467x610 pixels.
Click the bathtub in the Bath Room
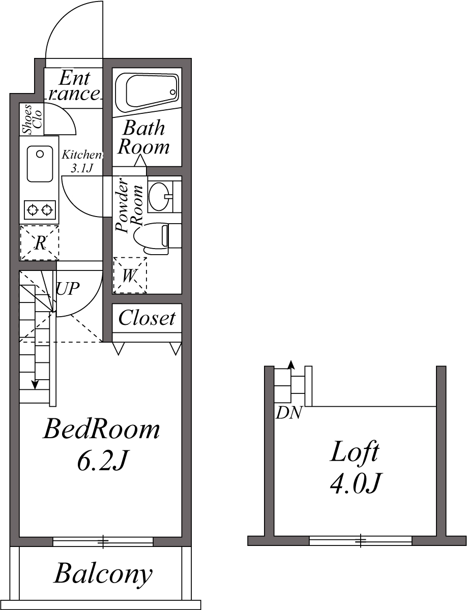click(x=147, y=92)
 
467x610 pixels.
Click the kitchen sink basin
click(x=40, y=164)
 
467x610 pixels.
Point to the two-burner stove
click(x=40, y=209)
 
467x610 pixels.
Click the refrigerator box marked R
click(x=40, y=242)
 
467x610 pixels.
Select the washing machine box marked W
click(x=130, y=276)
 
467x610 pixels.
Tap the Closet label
click(x=147, y=318)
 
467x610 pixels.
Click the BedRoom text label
click(x=101, y=430)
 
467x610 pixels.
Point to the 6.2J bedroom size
click(x=101, y=461)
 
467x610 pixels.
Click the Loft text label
click(x=355, y=452)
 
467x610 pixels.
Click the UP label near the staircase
click(x=68, y=289)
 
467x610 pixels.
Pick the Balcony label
click(x=103, y=574)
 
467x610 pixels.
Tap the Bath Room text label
click(x=144, y=137)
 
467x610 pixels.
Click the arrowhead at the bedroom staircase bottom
click(x=35, y=384)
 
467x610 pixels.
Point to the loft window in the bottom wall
click(x=361, y=541)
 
